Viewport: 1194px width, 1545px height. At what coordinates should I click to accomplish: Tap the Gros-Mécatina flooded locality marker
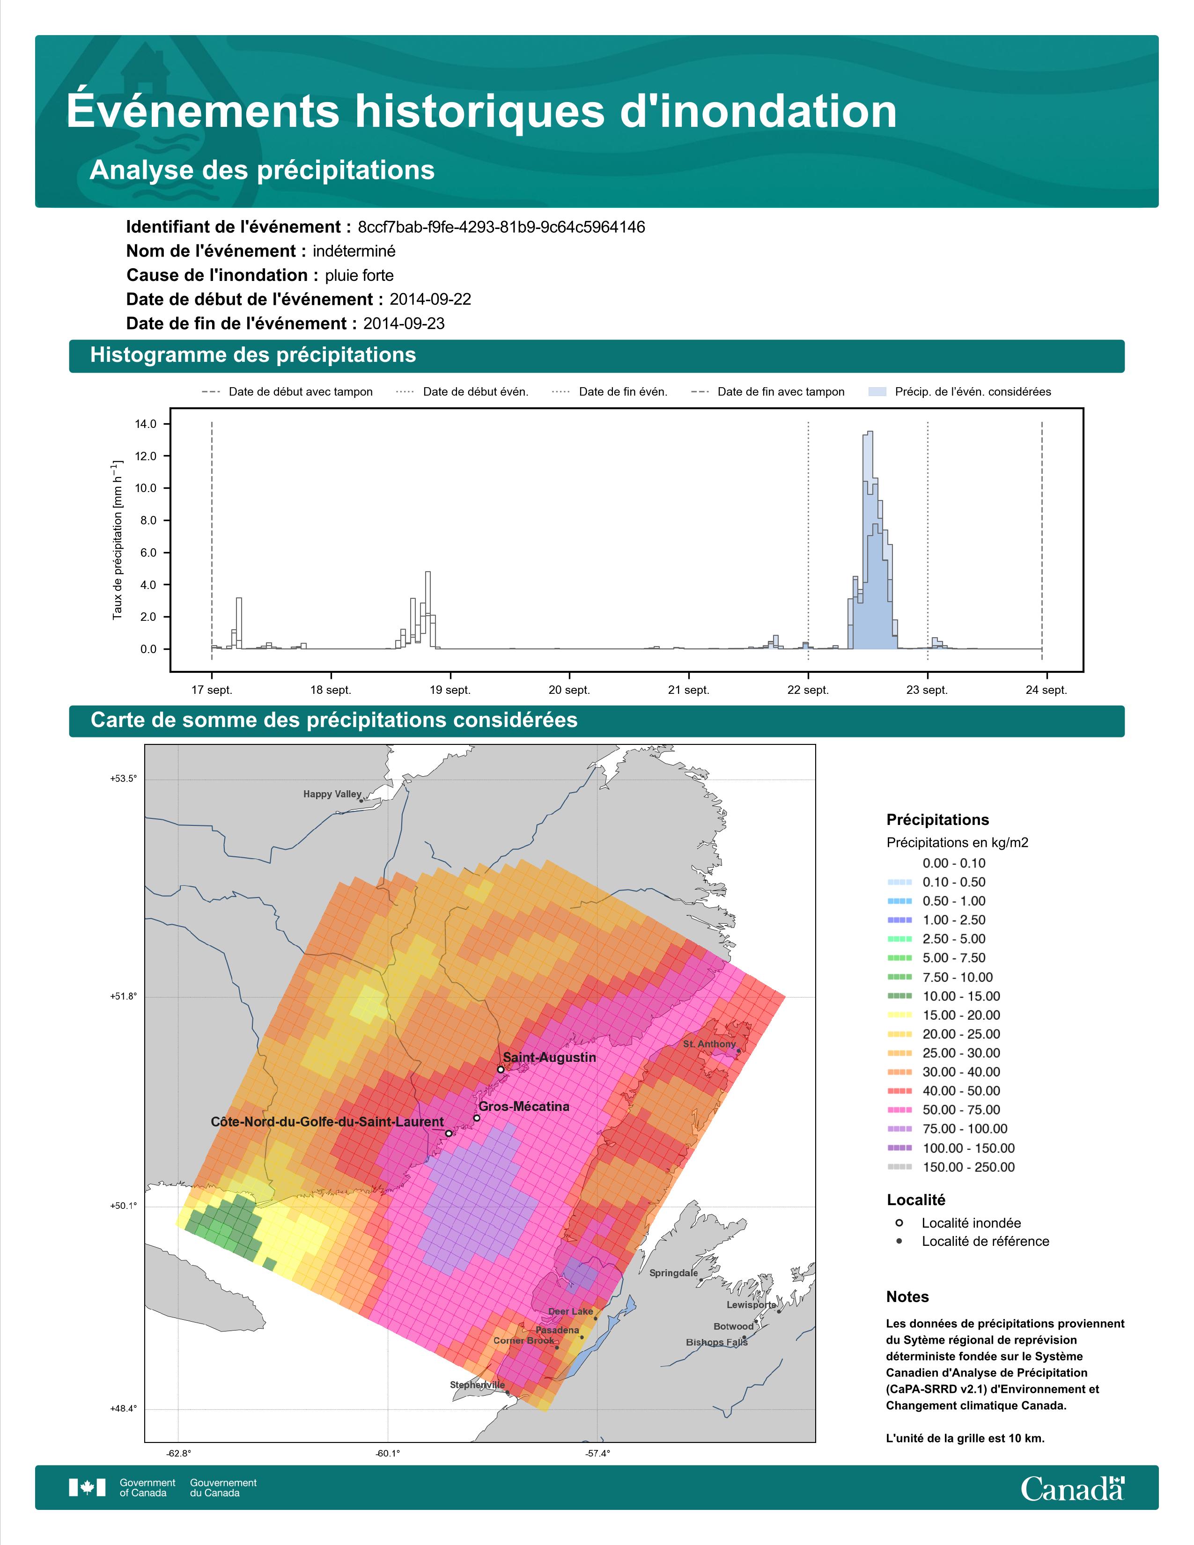point(477,1118)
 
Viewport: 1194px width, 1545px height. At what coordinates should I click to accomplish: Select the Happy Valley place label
point(332,795)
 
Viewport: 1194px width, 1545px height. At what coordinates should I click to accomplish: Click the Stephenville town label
point(478,1385)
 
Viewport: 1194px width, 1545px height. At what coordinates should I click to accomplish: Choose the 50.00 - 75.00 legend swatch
point(899,1111)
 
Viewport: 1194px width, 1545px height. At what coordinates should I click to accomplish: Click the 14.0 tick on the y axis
point(145,425)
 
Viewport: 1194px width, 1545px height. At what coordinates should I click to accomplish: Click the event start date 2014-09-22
point(430,299)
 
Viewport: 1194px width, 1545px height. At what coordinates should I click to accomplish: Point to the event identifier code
point(501,227)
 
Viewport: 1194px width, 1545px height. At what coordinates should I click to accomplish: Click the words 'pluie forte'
point(359,276)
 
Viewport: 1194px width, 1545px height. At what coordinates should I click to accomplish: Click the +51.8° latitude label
point(124,997)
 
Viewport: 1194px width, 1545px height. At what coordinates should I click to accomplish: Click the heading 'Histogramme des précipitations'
point(253,355)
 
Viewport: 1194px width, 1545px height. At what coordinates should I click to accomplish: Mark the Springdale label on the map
point(673,1273)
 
